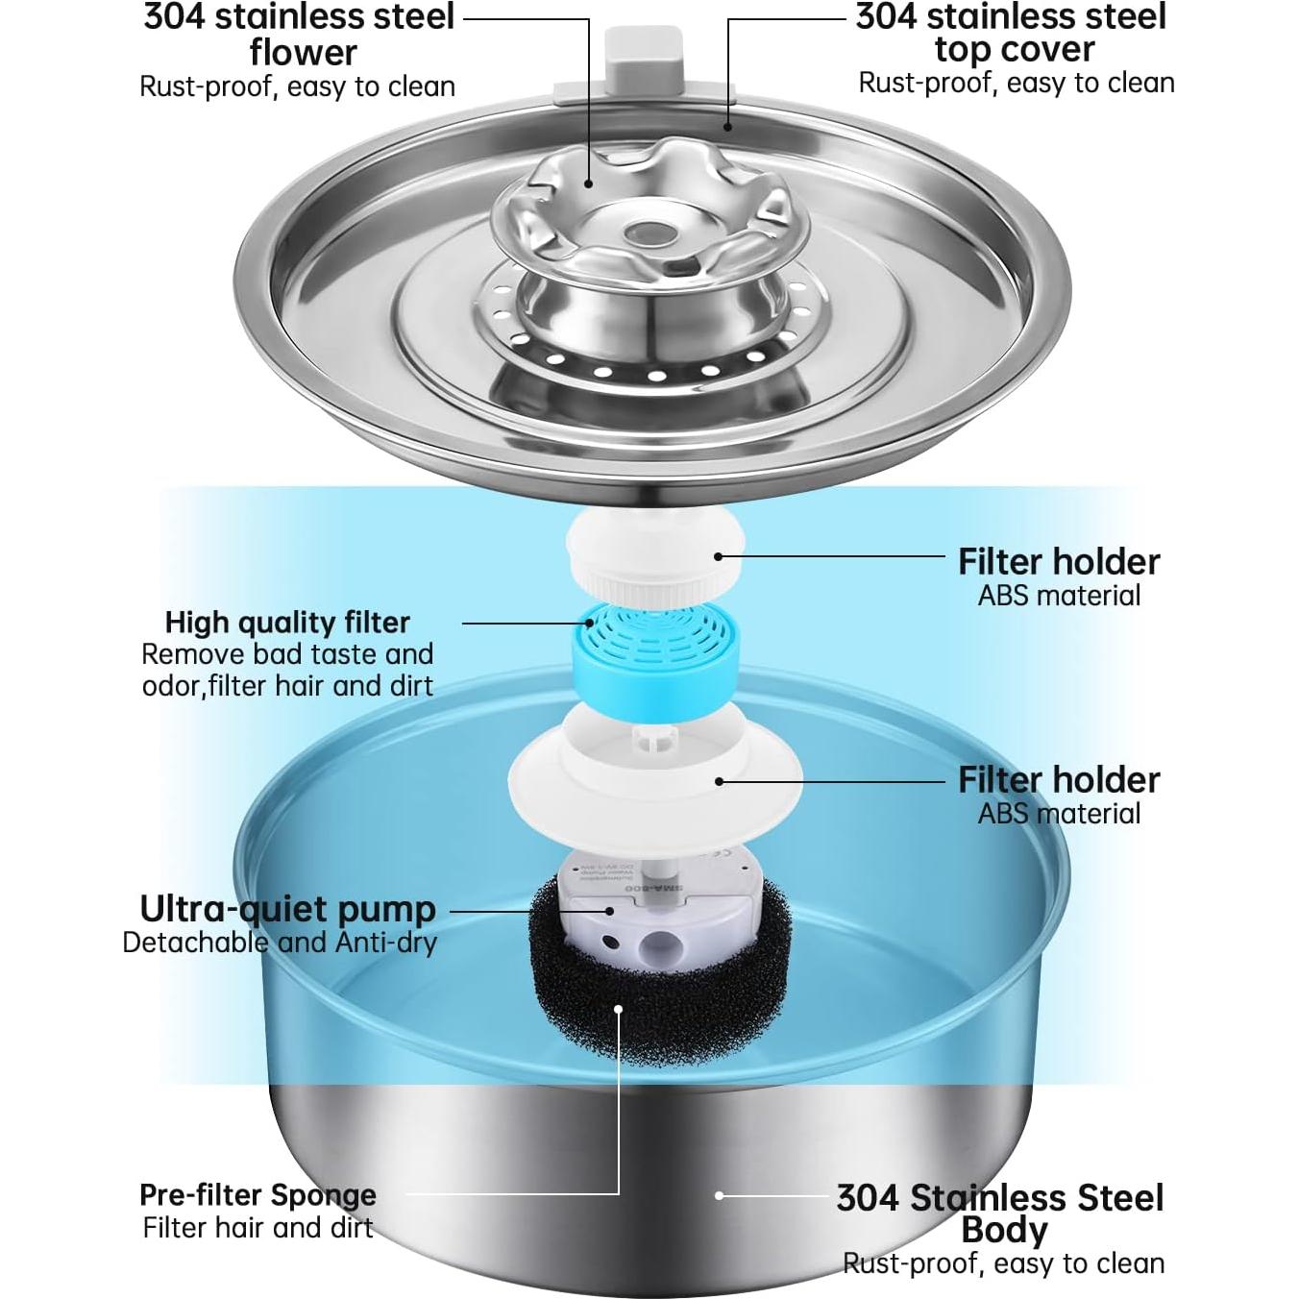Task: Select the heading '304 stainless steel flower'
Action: click(x=299, y=34)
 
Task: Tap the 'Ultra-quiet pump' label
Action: click(x=287, y=908)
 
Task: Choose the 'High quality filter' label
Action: click(x=287, y=622)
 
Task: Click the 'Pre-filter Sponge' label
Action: click(x=257, y=1194)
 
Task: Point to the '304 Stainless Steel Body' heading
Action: click(x=1000, y=1213)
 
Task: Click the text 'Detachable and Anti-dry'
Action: click(x=280, y=942)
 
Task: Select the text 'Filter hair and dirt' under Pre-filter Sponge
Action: click(x=257, y=1227)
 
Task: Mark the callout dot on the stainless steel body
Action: click(x=719, y=1195)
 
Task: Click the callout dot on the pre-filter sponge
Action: click(x=620, y=1009)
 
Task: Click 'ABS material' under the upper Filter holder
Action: click(x=1059, y=595)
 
